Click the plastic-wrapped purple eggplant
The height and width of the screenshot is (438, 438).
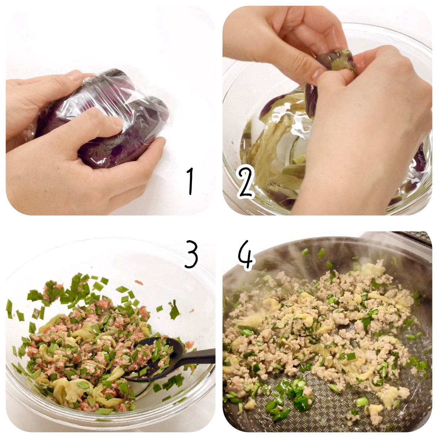(x=102, y=118)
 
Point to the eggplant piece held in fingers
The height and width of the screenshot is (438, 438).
(x=337, y=62)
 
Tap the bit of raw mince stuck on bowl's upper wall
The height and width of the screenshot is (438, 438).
(x=139, y=283)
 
